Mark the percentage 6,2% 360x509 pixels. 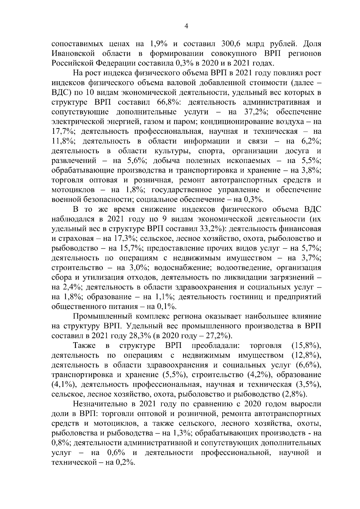(x=311, y=141)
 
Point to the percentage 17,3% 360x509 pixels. (x=126, y=239)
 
